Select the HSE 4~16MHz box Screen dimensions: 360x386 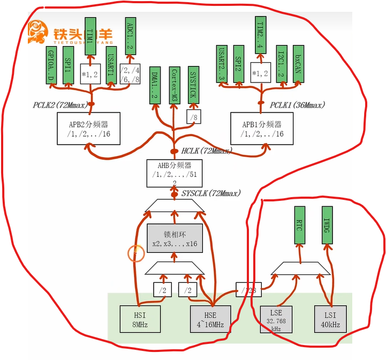pos(211,318)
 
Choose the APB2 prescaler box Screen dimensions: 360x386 pos(88,129)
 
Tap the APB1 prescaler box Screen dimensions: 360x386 pos(262,129)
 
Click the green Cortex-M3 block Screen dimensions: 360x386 pos(175,86)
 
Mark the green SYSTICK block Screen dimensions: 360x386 pos(194,86)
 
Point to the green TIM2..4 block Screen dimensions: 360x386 pos(261,35)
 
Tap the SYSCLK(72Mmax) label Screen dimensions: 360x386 pos(211,193)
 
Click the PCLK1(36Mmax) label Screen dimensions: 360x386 pos(298,105)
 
